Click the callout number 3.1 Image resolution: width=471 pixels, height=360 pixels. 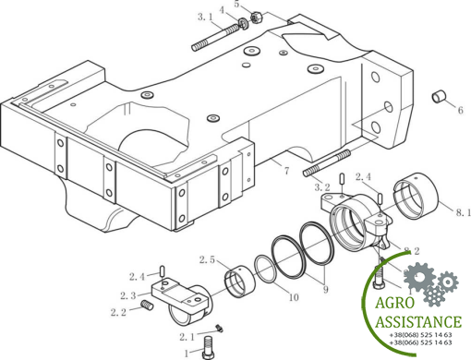[205, 17]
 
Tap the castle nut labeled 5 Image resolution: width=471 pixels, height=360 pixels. [256, 18]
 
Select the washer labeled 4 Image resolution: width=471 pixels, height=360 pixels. [244, 24]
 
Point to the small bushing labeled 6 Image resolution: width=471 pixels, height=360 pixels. [440, 97]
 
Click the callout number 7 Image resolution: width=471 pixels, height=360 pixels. [286, 170]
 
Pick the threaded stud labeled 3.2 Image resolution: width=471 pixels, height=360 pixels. [327, 163]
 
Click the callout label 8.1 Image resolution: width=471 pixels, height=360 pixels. [464, 212]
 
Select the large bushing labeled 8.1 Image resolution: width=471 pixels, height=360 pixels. [417, 197]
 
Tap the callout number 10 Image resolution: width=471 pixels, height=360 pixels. [294, 297]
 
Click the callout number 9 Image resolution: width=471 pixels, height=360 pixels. [325, 290]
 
